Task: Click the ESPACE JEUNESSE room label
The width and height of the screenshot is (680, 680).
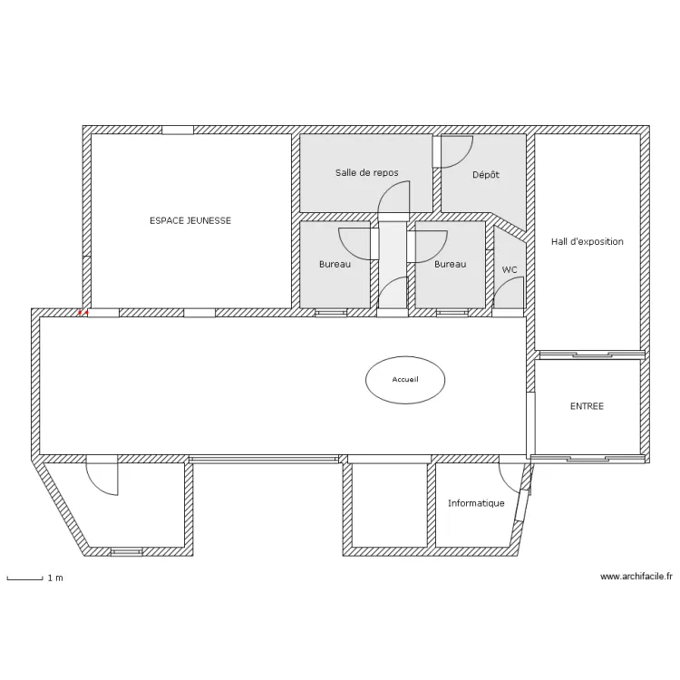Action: point(190,220)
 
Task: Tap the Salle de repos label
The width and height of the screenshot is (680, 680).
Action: point(367,172)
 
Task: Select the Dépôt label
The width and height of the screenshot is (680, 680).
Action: point(486,174)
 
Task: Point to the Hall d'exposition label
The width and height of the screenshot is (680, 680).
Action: point(588,241)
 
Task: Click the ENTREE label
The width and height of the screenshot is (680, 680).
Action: point(587,406)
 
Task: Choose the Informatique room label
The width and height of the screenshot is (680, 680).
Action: point(476,503)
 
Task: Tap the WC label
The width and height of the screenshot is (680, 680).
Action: point(510,270)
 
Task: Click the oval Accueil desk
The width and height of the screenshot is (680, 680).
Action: point(405,380)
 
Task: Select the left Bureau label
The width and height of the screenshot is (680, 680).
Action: point(335,264)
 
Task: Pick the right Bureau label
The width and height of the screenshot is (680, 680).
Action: point(450,264)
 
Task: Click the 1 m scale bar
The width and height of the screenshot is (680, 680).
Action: point(24,578)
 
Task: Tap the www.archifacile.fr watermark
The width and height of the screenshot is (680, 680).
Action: point(636,577)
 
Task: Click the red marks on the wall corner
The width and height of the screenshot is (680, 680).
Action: point(83,312)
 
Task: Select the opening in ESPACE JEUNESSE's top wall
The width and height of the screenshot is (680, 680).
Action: point(178,130)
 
